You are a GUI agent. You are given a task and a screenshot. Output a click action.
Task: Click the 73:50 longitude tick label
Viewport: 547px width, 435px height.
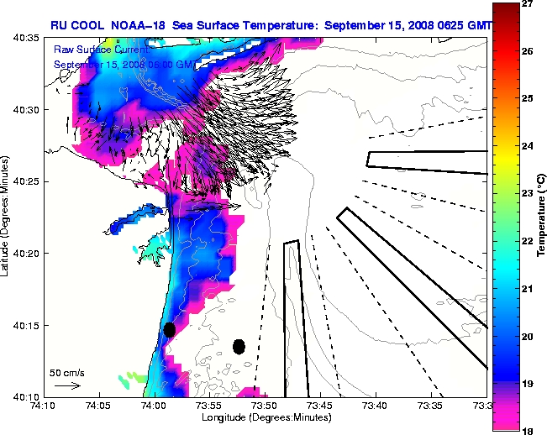click(x=265, y=406)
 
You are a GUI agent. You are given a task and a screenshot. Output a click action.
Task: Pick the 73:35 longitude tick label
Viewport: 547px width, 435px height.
click(x=431, y=406)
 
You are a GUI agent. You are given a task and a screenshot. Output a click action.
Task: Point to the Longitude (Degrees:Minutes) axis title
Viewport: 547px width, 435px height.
click(x=265, y=417)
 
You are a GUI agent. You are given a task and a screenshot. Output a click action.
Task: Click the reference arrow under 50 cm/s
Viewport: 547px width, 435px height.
click(x=67, y=385)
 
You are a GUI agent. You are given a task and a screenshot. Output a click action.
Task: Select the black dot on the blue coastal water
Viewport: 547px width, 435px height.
click(x=169, y=329)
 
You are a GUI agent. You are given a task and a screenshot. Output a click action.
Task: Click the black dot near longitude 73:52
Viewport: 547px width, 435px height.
click(x=239, y=346)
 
